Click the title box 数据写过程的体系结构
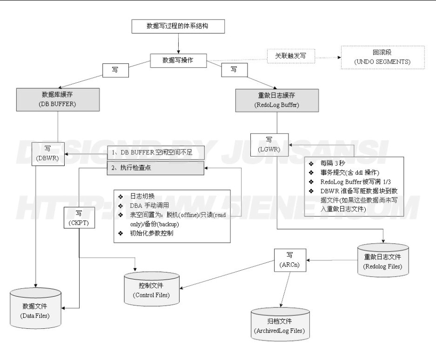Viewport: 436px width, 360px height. click(x=178, y=27)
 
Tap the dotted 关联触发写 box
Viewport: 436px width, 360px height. click(x=291, y=56)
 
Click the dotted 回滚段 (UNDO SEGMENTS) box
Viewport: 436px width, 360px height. click(x=382, y=58)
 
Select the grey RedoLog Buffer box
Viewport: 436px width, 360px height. click(x=276, y=100)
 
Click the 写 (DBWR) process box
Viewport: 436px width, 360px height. click(x=48, y=154)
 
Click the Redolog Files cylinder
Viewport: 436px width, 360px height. click(x=383, y=260)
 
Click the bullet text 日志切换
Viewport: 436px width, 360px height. click(x=140, y=197)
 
